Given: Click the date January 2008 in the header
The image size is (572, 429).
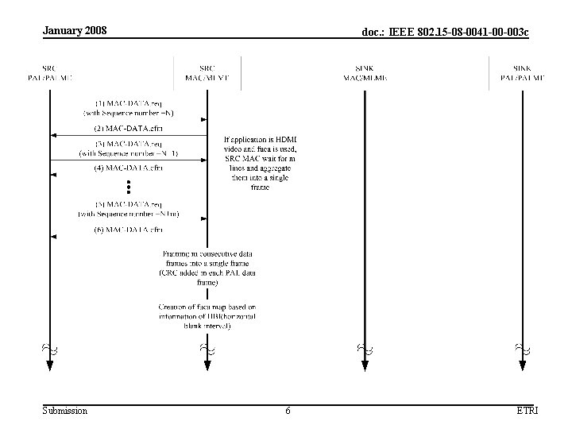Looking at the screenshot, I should click(x=74, y=31).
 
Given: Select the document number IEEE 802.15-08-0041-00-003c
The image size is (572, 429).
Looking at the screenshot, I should click(x=445, y=33).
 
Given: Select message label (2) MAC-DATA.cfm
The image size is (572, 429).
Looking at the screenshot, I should click(x=128, y=128).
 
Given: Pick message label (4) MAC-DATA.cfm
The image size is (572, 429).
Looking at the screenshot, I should click(x=128, y=168).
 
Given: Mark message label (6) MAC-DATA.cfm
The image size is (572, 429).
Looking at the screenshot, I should click(x=128, y=230).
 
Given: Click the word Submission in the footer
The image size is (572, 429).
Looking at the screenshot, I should click(x=64, y=411).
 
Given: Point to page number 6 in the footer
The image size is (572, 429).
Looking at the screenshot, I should click(x=288, y=411).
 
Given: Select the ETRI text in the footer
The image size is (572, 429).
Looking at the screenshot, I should click(x=526, y=411).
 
